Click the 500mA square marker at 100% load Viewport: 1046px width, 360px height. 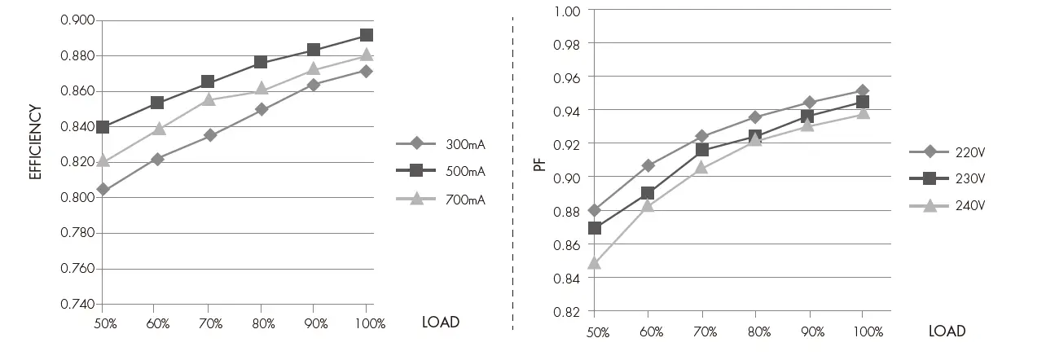pyautogui.click(x=367, y=35)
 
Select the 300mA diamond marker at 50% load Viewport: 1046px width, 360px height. pyautogui.click(x=103, y=189)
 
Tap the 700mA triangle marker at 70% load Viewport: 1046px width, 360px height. pyautogui.click(x=209, y=99)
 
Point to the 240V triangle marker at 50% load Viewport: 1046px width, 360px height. pyautogui.click(x=594, y=263)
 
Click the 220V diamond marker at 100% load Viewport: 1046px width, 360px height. pyautogui.click(x=862, y=91)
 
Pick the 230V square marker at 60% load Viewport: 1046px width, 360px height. pyautogui.click(x=648, y=193)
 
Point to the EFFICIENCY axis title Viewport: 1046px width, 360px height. pyautogui.click(x=35, y=142)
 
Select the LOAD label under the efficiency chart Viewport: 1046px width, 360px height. pyautogui.click(x=441, y=322)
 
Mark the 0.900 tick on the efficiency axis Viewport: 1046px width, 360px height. pyautogui.click(x=77, y=20)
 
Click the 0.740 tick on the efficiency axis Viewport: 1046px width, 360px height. pyautogui.click(x=77, y=304)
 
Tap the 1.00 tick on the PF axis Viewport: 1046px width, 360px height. pyautogui.click(x=566, y=11)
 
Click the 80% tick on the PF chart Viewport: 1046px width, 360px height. pyautogui.click(x=758, y=331)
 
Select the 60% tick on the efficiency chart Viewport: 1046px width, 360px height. pyautogui.click(x=157, y=324)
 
